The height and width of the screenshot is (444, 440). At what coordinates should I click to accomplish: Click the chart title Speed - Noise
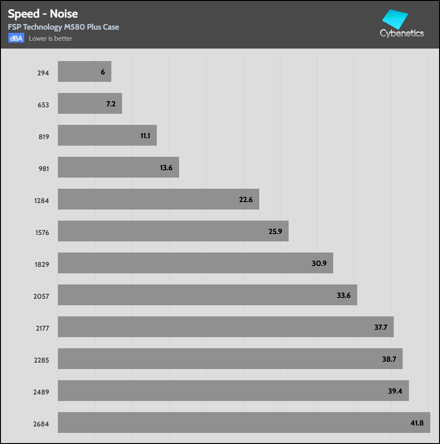(x=43, y=14)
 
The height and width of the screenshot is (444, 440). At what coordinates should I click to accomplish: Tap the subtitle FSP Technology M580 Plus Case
(x=63, y=27)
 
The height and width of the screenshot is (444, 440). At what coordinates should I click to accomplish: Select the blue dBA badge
(x=16, y=38)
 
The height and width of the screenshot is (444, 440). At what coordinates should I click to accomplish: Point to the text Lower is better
(x=50, y=38)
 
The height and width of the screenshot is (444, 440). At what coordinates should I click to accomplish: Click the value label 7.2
(x=111, y=104)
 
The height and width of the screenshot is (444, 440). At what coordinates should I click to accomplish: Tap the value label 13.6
(x=166, y=168)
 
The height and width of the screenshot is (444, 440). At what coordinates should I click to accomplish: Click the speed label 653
(x=43, y=105)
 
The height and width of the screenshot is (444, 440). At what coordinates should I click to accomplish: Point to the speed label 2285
(x=41, y=360)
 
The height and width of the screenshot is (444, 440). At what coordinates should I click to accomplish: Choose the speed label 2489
(x=41, y=392)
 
